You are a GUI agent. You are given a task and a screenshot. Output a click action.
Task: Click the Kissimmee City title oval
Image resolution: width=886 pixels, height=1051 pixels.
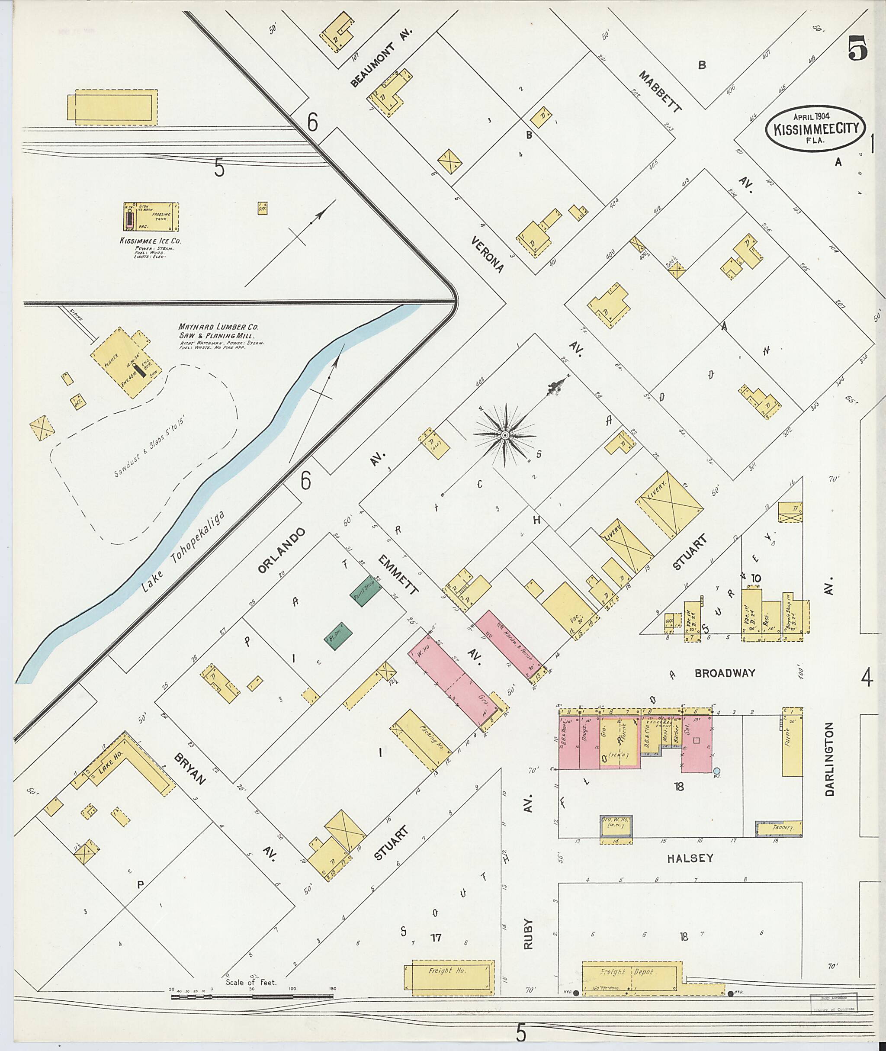point(815,128)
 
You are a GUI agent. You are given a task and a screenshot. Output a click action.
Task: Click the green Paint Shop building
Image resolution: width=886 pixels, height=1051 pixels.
point(366,591)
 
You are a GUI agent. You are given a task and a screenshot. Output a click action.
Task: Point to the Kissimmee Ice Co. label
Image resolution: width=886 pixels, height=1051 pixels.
point(150,241)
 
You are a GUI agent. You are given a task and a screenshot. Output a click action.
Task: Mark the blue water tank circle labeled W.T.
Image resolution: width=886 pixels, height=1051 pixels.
point(717,770)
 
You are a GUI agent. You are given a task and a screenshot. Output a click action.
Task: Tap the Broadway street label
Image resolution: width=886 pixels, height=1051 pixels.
point(725,673)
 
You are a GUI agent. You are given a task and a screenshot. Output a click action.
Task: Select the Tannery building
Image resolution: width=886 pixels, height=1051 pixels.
point(782,827)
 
